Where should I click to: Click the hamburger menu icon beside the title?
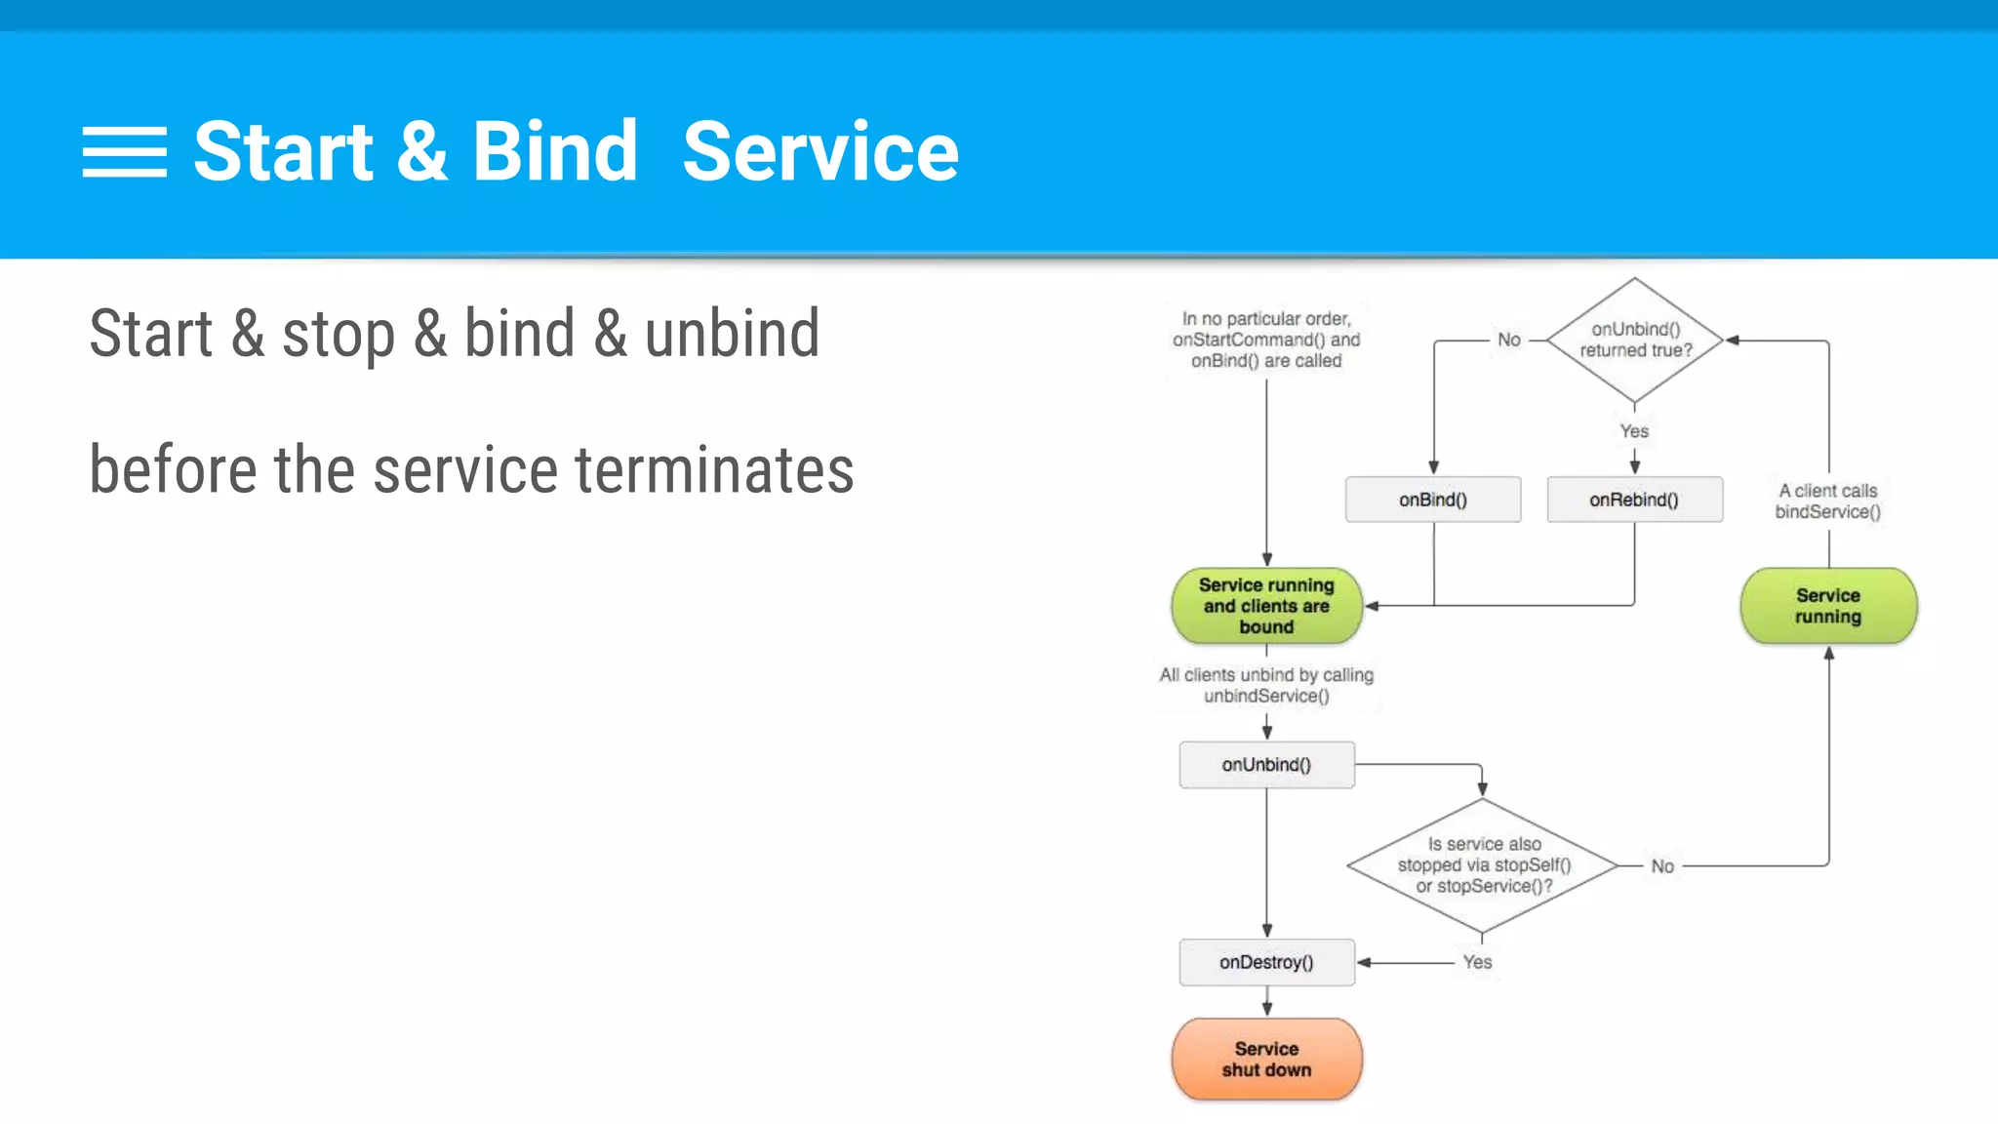point(124,152)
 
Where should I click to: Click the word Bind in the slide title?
point(554,151)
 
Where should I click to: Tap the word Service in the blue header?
point(820,151)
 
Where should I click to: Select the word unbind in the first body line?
point(732,334)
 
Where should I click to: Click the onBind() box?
point(1432,500)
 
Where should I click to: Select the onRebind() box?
point(1634,500)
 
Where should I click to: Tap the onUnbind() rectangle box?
point(1266,765)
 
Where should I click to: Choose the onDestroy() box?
point(1266,962)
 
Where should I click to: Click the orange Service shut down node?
point(1266,1060)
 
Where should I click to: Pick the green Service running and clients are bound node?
point(1266,606)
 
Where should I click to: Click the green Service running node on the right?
point(1828,606)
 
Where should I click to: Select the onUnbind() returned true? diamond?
point(1635,340)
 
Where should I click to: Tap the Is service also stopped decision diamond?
point(1483,865)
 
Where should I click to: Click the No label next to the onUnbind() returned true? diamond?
point(1508,340)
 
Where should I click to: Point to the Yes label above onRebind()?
point(1634,431)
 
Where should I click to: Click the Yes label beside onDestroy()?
point(1477,962)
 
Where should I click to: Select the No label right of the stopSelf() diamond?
point(1662,866)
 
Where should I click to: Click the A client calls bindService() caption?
point(1827,502)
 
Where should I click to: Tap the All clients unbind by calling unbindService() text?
point(1266,685)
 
